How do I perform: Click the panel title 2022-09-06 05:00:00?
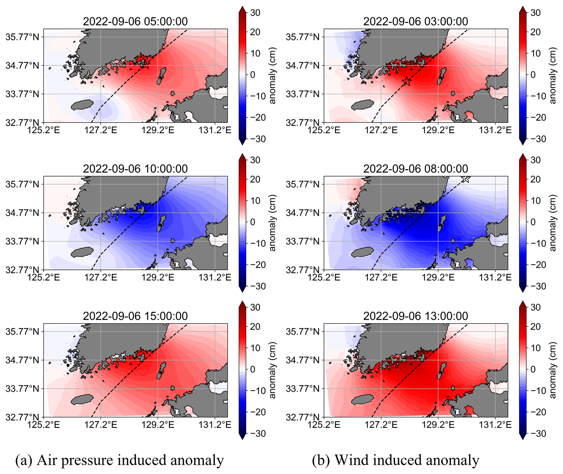coord(135,21)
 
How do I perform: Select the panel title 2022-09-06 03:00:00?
coord(415,21)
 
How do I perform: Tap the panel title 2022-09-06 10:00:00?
coord(135,169)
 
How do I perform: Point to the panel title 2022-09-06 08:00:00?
coord(415,169)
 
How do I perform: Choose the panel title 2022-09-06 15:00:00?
coord(135,316)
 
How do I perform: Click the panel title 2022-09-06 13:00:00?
coord(415,316)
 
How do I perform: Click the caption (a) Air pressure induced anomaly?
coord(119,460)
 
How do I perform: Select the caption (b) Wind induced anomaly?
coord(395,460)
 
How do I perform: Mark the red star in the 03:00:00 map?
coord(407,81)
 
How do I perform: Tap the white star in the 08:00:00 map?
coord(466,179)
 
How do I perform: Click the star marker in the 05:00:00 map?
coord(145,64)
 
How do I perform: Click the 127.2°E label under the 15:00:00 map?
coord(101,424)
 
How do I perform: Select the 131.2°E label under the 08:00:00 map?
coord(495,277)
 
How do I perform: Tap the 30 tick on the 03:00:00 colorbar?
coord(535,13)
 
